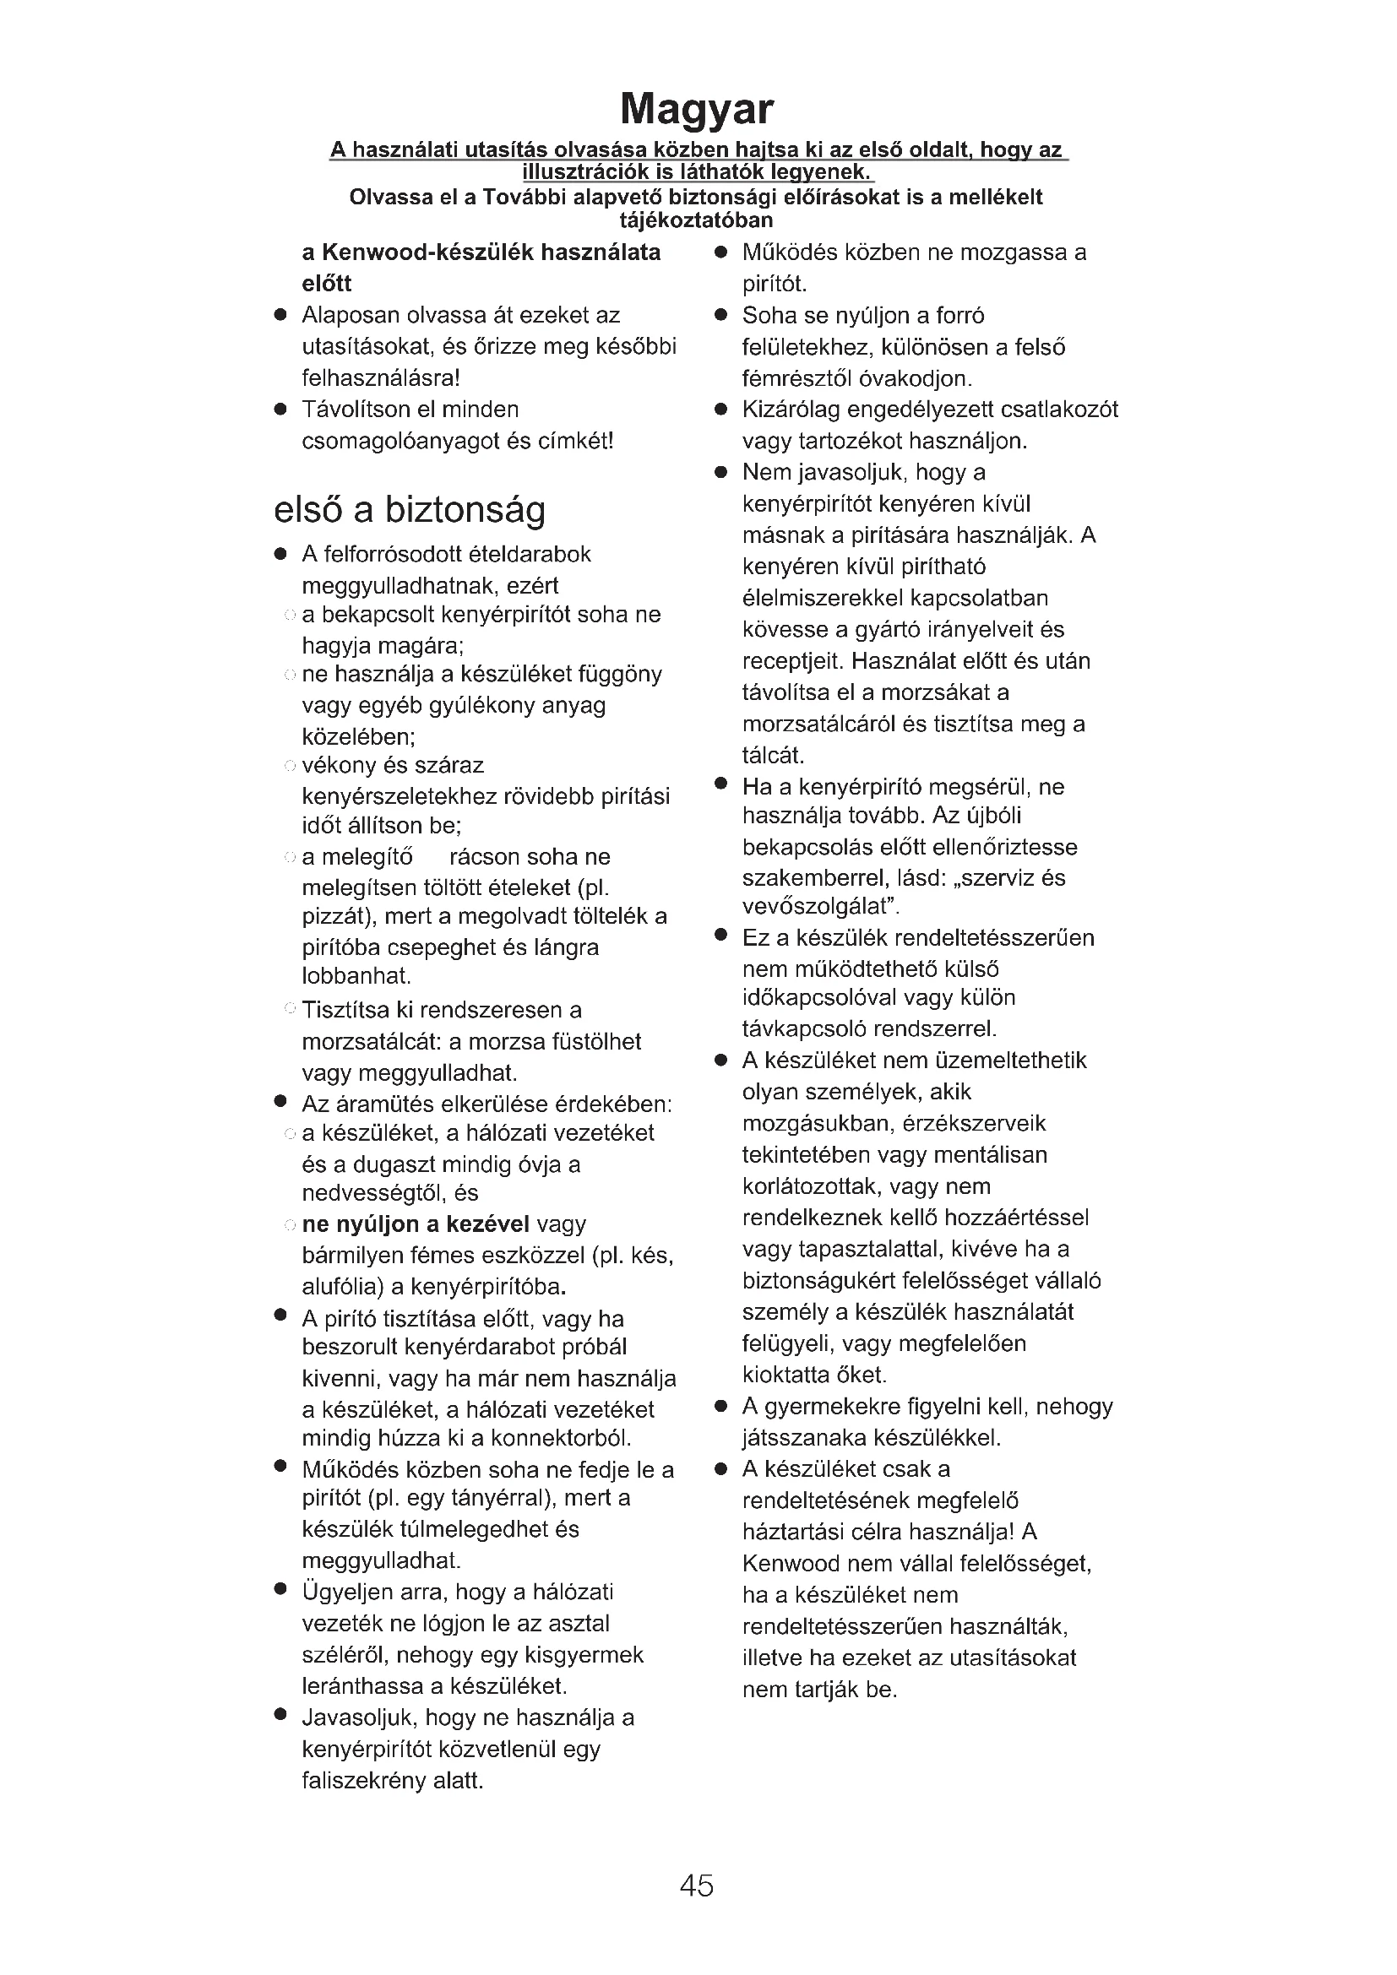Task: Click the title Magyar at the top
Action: coord(697,109)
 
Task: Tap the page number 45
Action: coord(697,1885)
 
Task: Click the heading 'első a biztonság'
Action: coord(410,510)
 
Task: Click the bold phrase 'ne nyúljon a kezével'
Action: coord(416,1224)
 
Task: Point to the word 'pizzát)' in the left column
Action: coord(339,916)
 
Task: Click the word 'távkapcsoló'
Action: coord(803,1028)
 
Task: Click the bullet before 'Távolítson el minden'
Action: coord(280,410)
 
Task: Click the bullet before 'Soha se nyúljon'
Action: coord(720,316)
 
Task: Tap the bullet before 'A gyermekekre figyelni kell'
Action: coord(720,1408)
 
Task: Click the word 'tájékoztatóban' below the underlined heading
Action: coord(696,220)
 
